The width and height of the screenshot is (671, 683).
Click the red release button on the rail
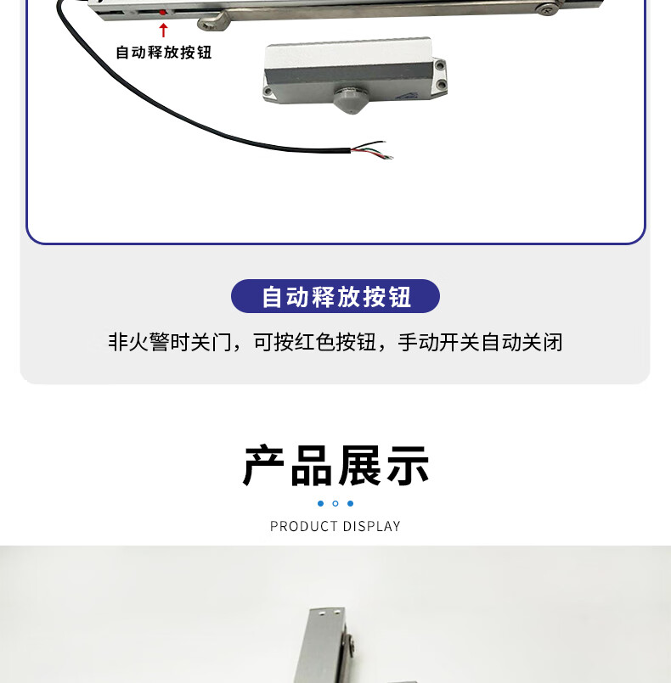(x=162, y=13)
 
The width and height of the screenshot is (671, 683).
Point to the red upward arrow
(x=163, y=30)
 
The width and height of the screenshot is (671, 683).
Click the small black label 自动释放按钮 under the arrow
(x=163, y=53)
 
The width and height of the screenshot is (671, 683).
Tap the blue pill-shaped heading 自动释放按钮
(x=335, y=296)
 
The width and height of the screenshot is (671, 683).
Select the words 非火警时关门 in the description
(x=170, y=342)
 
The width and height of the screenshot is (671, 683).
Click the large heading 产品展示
(x=335, y=465)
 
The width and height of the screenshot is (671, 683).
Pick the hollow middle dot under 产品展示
(x=335, y=503)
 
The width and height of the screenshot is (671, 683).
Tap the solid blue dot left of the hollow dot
(x=320, y=503)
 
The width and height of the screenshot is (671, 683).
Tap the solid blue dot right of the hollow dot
(x=350, y=503)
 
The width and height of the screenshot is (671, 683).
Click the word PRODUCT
(x=304, y=526)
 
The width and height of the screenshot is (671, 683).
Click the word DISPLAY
(x=371, y=526)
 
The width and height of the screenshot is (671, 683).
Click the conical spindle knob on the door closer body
(x=352, y=100)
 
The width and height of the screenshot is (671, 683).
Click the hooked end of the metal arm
(x=212, y=23)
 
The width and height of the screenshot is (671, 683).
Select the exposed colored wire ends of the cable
(x=372, y=150)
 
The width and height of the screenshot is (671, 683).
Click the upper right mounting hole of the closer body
(x=439, y=66)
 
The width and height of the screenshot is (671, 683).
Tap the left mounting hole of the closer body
(x=268, y=92)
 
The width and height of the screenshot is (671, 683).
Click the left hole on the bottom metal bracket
(x=321, y=613)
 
